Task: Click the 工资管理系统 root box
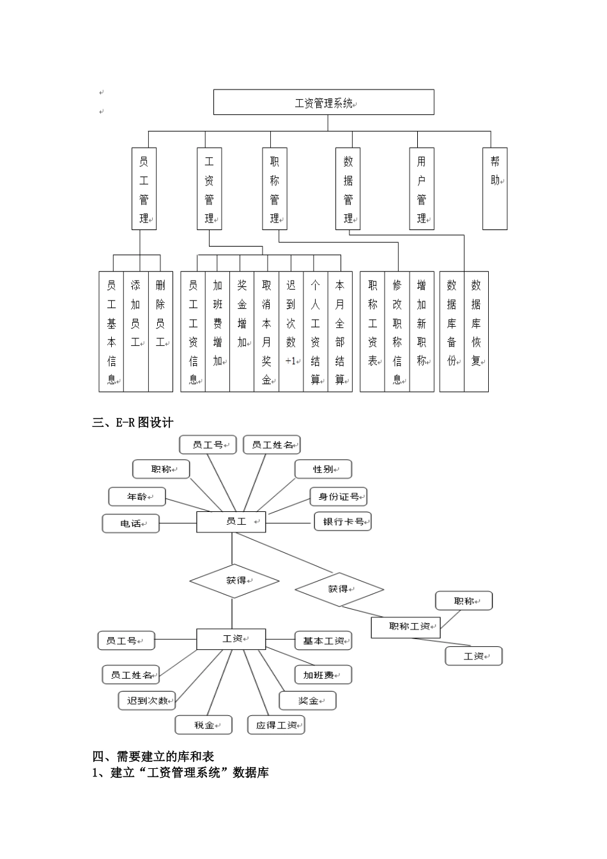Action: (323, 102)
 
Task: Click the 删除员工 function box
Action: (160, 332)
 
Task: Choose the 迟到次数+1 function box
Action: (291, 332)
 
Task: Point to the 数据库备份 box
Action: (452, 332)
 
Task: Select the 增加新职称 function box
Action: (421, 332)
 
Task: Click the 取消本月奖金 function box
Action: (266, 332)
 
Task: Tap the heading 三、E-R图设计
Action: (133, 422)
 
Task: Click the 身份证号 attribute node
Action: (339, 497)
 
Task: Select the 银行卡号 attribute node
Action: (342, 522)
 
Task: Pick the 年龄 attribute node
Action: (137, 497)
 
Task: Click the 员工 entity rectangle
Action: (231, 522)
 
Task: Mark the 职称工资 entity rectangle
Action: (406, 626)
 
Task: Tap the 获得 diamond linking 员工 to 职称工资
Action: (339, 589)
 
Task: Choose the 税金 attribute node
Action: (204, 725)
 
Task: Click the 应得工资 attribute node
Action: (276, 725)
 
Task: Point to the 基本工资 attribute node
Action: (323, 641)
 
